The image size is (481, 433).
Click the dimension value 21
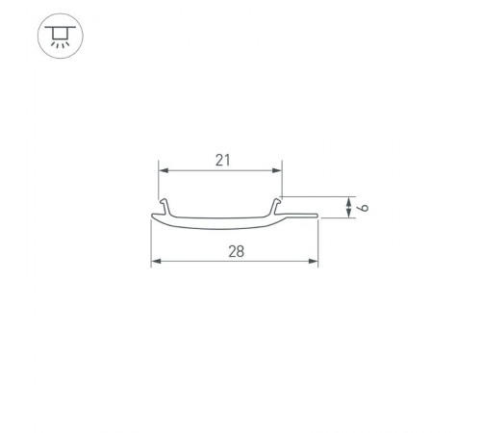[222, 161]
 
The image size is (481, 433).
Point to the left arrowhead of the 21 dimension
[163, 170]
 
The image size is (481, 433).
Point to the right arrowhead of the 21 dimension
[279, 170]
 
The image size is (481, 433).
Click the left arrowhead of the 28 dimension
[156, 261]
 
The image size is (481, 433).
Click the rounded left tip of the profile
[152, 217]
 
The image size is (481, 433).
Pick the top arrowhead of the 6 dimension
[346, 198]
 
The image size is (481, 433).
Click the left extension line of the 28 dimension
[151, 245]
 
